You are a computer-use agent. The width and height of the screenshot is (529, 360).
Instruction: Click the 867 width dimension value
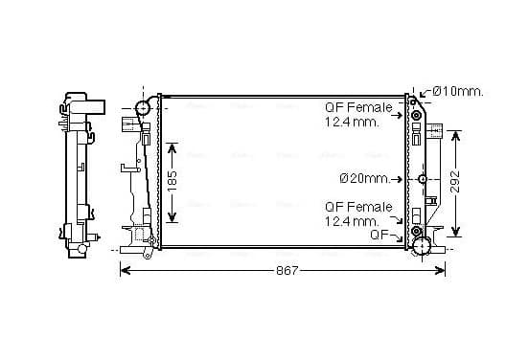point(287,270)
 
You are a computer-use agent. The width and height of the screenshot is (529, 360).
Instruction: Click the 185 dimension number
point(172,180)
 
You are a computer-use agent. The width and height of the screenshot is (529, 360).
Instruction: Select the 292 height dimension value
point(455,181)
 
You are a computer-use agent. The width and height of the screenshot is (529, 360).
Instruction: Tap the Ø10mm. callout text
point(458,91)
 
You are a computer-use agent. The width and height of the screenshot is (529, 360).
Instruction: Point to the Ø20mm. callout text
point(364,178)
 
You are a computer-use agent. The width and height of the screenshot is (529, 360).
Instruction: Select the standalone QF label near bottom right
point(379,235)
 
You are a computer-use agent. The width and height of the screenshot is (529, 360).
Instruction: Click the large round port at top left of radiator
point(143,108)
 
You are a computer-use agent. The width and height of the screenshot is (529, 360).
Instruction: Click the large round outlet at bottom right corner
point(422,246)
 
